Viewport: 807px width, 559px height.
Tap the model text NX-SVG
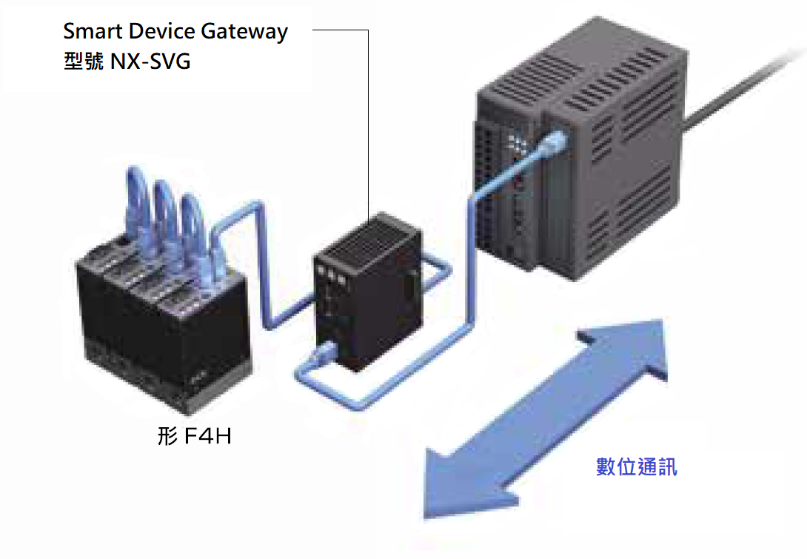(150, 61)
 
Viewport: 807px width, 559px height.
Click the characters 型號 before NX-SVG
(84, 61)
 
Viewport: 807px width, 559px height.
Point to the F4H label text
(195, 437)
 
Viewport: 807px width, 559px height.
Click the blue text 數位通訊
(637, 466)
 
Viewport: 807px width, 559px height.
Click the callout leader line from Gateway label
(368, 118)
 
